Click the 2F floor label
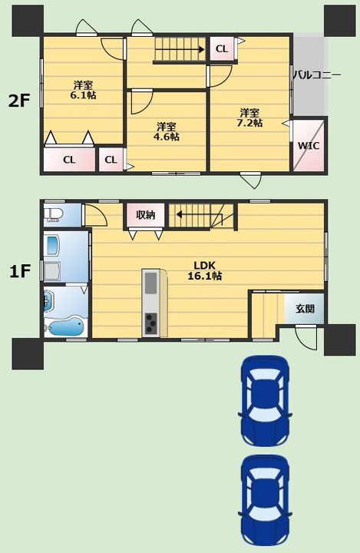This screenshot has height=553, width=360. (19, 101)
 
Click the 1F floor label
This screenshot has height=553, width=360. (19, 272)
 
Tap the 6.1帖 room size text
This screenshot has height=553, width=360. (83, 95)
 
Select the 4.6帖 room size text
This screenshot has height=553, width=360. (166, 137)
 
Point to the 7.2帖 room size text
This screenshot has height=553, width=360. (249, 123)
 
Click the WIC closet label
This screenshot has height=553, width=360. (309, 145)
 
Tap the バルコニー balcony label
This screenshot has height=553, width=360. (317, 75)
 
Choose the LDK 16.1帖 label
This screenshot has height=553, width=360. (204, 271)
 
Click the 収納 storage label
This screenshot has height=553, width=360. (145, 214)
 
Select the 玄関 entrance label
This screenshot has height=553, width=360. (305, 309)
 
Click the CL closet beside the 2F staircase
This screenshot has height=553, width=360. (222, 48)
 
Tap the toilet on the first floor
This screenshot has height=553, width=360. (53, 215)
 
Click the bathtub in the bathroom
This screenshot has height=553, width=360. (65, 326)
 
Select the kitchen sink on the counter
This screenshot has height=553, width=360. (151, 283)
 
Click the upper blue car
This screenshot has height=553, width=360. (265, 401)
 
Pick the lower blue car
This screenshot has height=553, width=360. (265, 501)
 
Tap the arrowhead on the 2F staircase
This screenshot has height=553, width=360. (201, 49)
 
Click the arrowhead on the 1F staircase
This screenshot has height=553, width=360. (180, 214)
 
